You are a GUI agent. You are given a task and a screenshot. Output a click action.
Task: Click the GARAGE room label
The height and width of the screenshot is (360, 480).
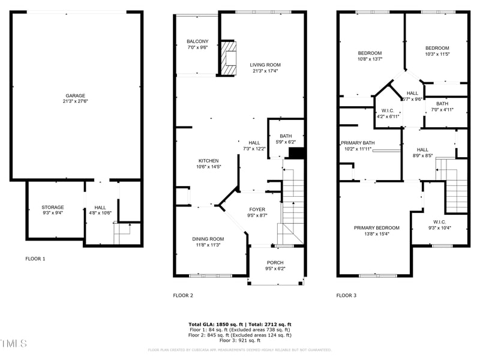coord(76,95)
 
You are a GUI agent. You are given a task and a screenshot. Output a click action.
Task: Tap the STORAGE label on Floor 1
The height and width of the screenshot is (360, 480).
coord(52,207)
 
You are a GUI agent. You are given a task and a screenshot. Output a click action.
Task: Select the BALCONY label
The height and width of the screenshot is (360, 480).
coord(197,41)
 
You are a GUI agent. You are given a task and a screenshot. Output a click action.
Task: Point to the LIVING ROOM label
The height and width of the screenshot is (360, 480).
coord(265,65)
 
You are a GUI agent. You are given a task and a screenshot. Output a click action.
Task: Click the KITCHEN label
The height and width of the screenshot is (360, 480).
coord(209,160)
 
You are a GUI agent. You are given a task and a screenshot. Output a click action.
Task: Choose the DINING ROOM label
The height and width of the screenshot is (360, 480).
coord(208,239)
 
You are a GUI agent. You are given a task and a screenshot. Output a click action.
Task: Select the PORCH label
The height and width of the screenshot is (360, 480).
coord(275,262)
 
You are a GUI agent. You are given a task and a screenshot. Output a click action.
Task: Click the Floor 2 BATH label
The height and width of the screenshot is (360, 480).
coord(286,136)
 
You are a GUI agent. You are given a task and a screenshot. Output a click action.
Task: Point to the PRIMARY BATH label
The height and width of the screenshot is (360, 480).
coord(358,143)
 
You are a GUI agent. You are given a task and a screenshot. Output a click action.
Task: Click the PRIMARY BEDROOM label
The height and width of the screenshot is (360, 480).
coord(376,227)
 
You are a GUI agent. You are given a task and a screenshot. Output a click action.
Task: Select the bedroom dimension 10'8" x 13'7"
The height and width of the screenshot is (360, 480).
coord(370,59)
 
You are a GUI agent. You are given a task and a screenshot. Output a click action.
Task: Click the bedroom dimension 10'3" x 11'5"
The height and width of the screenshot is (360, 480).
coord(437,54)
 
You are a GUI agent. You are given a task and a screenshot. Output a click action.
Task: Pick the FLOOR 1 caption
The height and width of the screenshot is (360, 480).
coord(35,259)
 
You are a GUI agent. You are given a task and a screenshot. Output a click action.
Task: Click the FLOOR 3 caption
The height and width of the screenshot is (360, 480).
coord(346,295)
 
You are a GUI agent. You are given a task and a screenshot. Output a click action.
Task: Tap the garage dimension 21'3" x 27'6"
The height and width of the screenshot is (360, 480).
coord(76,101)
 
